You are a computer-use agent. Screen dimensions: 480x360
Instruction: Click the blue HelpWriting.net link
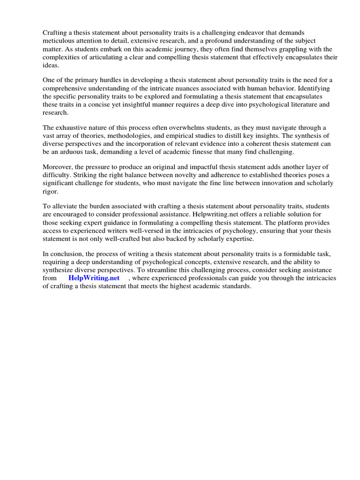coord(94,277)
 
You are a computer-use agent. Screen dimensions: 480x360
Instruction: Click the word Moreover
coord(58,167)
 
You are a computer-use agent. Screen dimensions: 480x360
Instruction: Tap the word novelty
coord(200,175)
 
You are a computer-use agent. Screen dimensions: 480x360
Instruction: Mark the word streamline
coord(176,270)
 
